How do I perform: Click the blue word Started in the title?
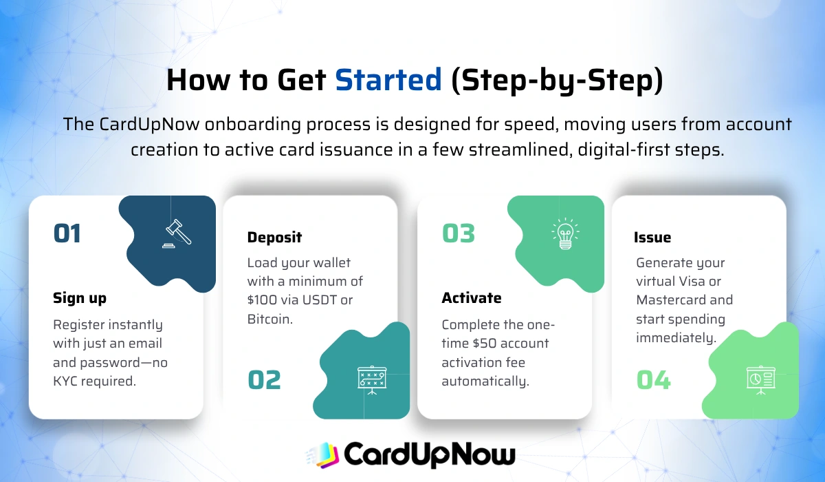388,81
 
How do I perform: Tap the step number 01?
67,233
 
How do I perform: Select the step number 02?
264,380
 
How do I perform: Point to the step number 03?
459,233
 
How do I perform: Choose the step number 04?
653,380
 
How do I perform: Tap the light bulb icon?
565,233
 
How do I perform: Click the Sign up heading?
80,298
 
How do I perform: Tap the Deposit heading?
274,238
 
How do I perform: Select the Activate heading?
471,298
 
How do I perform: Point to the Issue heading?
652,238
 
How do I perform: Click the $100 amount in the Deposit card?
261,300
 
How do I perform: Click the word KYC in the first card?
68,380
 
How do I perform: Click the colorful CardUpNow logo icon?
320,454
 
